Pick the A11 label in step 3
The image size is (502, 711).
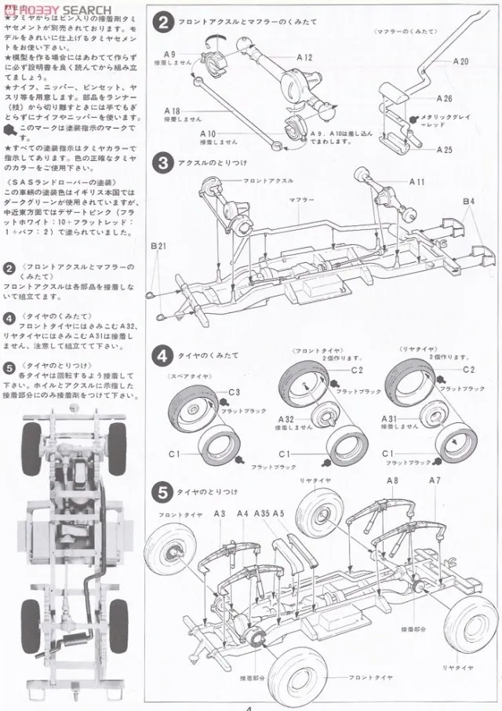(x=417, y=181)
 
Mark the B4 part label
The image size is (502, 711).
(x=468, y=202)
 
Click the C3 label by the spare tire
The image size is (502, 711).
(x=235, y=392)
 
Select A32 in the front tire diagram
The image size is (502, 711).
(x=286, y=419)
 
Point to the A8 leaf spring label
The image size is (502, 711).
(x=392, y=480)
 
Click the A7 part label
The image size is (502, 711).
(x=435, y=480)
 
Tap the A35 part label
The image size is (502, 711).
(x=264, y=513)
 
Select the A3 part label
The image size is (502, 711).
(x=219, y=513)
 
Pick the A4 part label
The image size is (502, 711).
(x=242, y=513)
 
